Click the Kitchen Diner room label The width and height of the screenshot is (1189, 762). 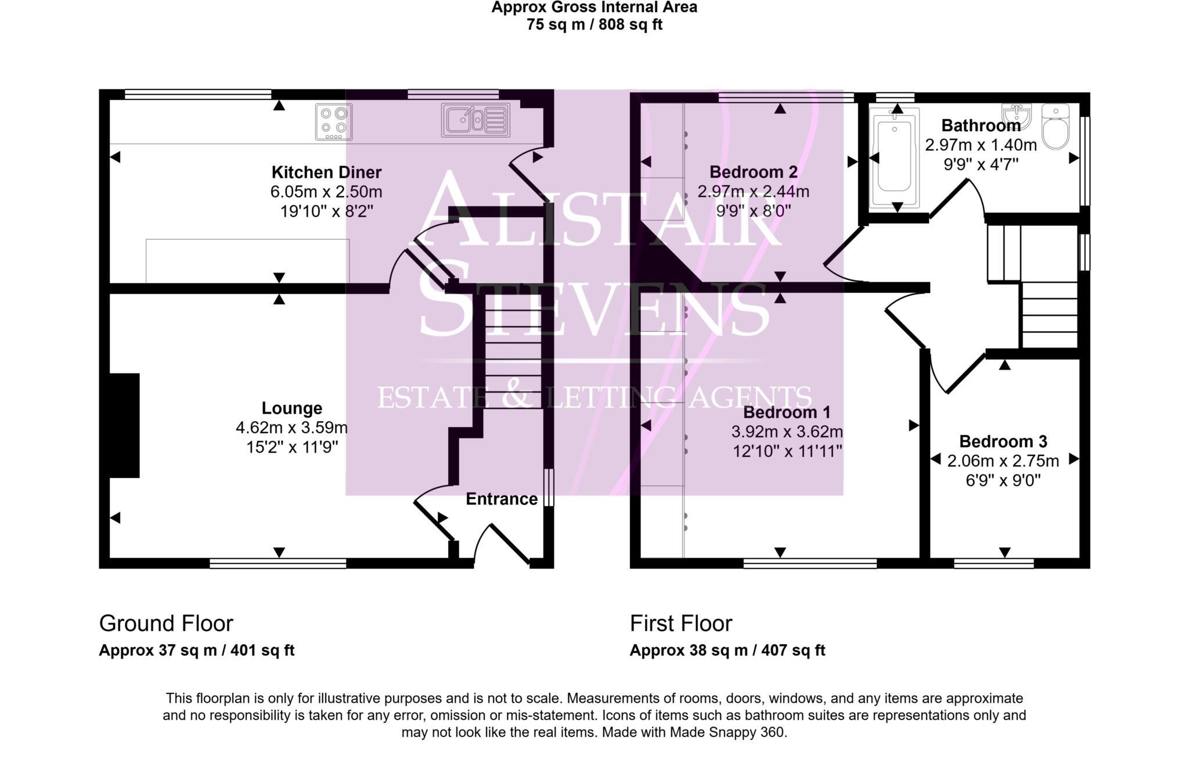coord(326,172)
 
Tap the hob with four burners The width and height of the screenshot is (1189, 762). coord(334,121)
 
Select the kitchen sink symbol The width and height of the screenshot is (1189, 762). coord(475,120)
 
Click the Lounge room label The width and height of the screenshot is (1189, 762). coord(291,408)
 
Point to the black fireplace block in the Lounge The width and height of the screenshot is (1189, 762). coord(124,425)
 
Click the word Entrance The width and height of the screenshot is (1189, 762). coord(502,499)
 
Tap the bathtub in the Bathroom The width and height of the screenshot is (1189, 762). coord(893,157)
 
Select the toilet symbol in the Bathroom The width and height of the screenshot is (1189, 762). coord(1055,127)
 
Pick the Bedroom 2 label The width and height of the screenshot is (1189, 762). coord(753,172)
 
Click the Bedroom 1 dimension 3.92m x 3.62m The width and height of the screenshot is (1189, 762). coord(787,432)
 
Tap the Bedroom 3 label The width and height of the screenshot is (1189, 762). coord(1003,441)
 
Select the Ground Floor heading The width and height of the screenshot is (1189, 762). coord(166,623)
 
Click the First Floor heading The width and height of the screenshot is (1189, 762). coord(680,623)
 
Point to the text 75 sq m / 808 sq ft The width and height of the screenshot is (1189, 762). coord(594,25)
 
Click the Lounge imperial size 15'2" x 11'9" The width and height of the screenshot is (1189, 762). coord(292,447)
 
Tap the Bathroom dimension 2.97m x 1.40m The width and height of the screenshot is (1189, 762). coord(981,145)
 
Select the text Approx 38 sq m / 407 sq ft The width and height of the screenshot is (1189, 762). coord(727,650)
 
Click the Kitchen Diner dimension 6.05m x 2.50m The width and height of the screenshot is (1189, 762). coord(326,192)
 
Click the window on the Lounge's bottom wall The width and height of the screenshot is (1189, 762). coord(278,563)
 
